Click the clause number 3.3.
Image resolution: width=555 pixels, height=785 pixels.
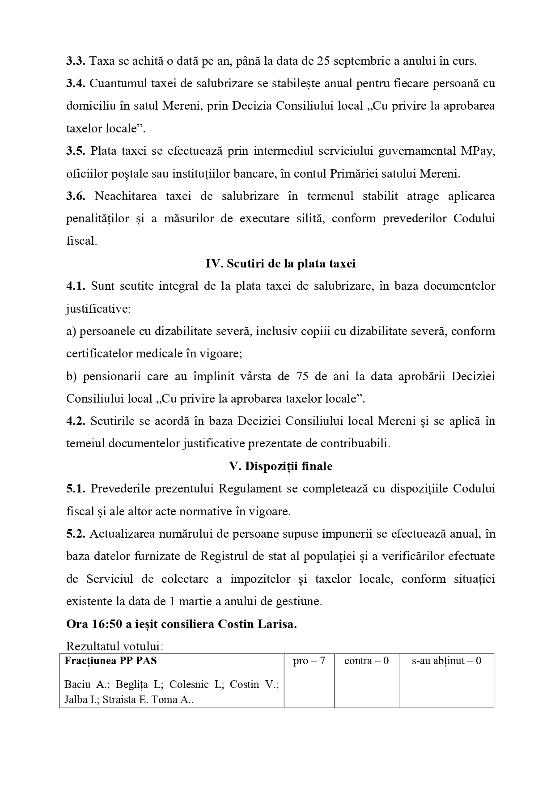coord(76,61)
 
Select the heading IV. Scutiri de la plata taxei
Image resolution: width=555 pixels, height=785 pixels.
coord(280,263)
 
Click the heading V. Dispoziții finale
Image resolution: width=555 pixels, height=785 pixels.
coord(280,466)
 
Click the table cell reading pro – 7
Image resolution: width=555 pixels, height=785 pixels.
coord(309,661)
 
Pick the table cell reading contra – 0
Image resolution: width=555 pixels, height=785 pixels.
coord(366,661)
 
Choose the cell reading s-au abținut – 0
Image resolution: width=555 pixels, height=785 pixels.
coord(446,661)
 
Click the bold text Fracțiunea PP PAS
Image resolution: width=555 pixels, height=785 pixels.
coord(110,661)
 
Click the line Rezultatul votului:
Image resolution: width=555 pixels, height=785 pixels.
coord(114,646)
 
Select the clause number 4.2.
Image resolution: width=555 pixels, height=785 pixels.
coord(76,421)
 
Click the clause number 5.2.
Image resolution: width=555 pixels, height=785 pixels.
coord(76,534)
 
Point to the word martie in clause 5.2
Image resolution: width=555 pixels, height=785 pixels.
coord(195,601)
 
